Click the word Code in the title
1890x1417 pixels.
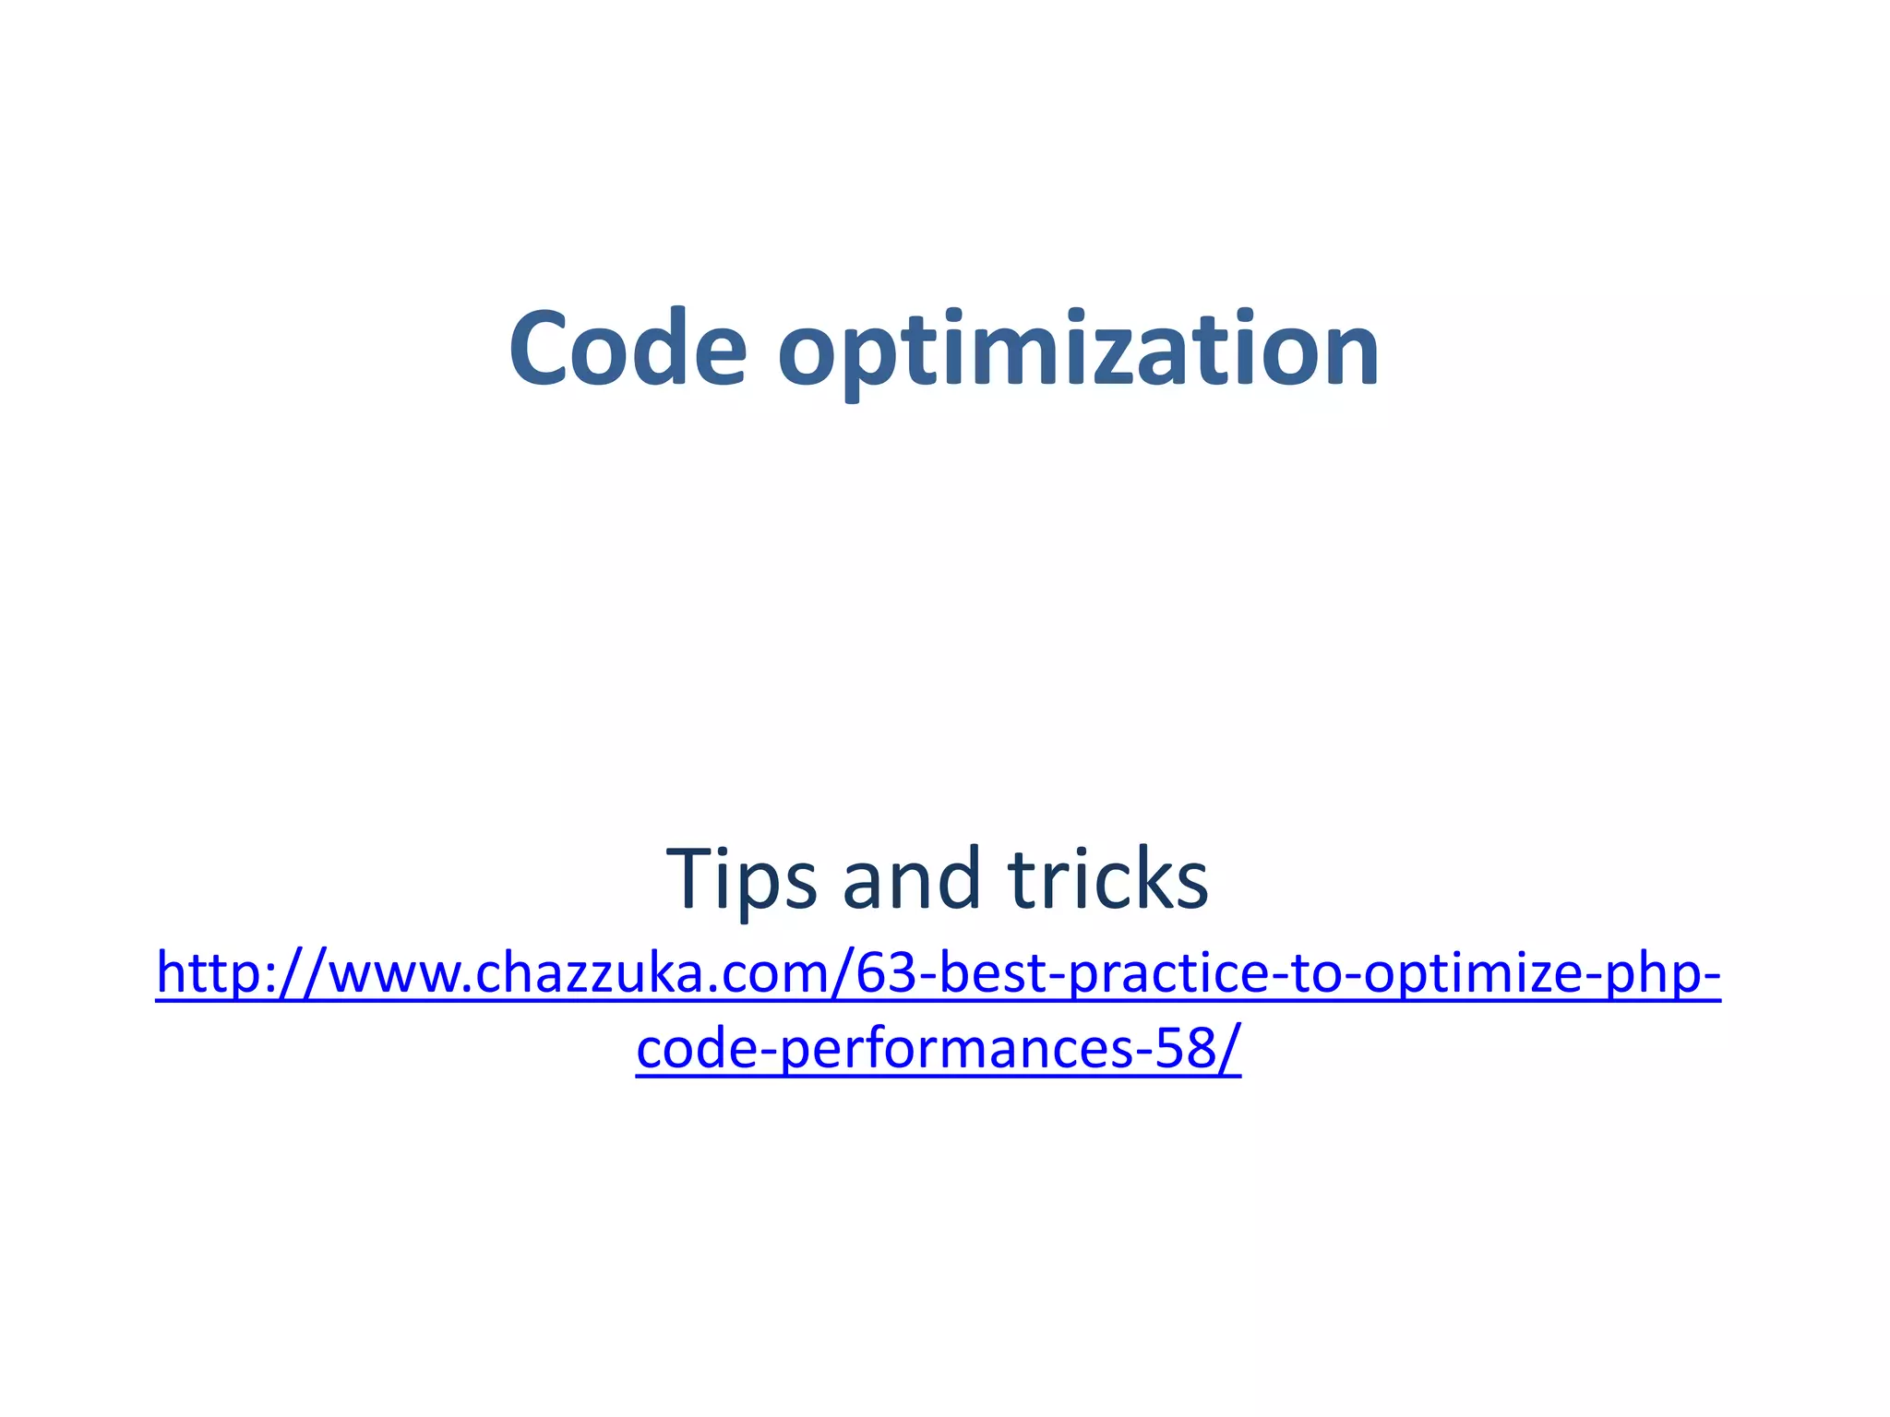628,350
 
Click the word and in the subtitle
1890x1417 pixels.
910,879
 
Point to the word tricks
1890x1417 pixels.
1107,879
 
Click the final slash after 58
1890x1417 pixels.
1229,1051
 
